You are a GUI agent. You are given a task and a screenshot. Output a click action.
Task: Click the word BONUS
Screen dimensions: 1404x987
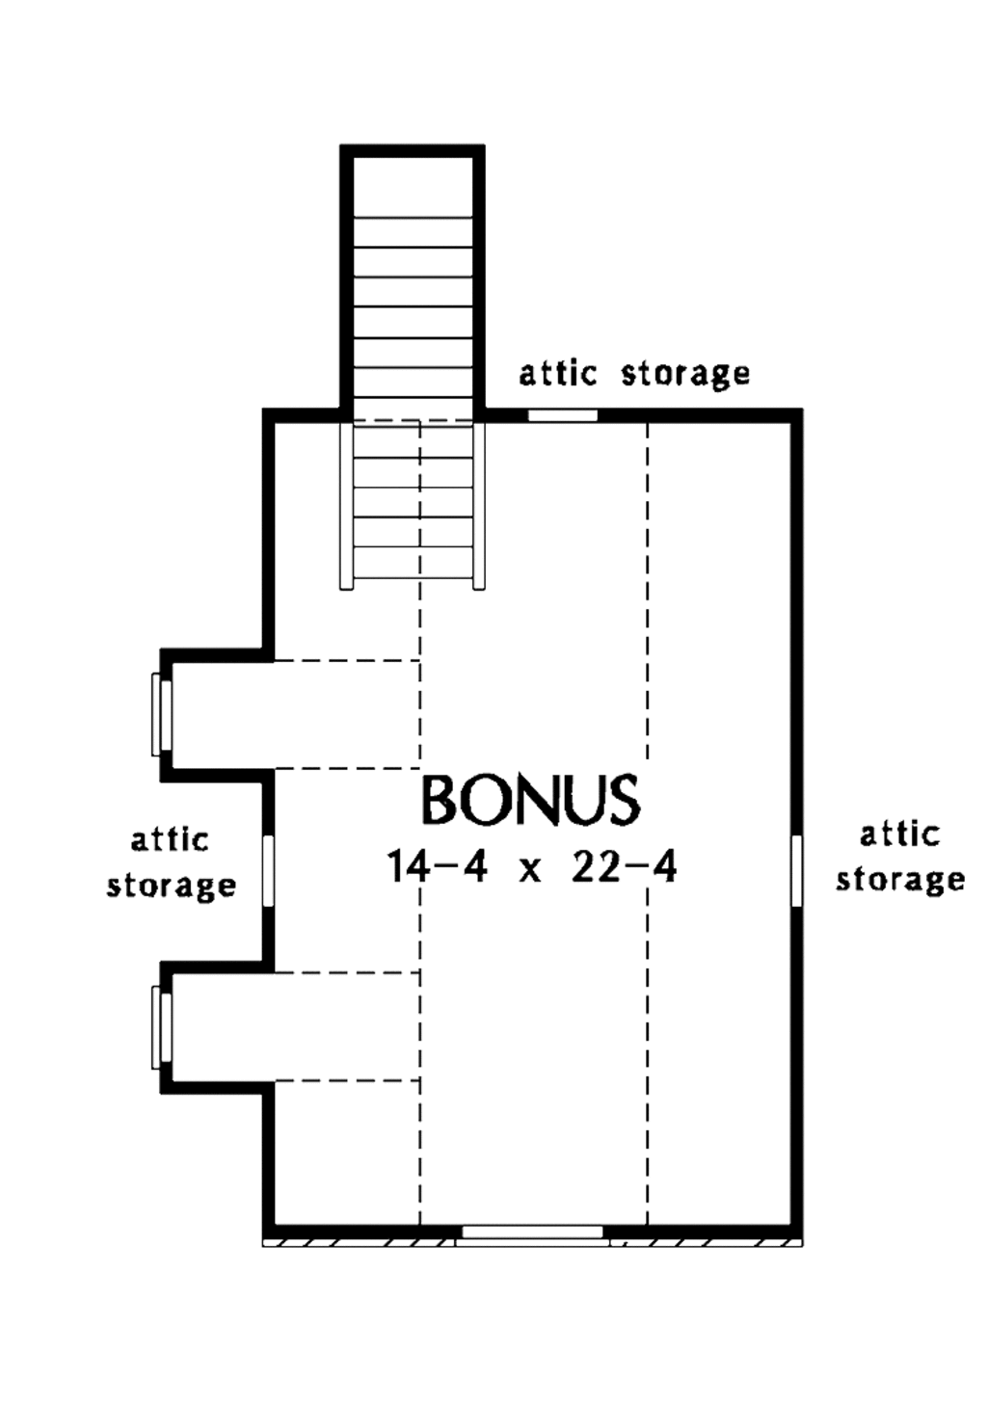[530, 799]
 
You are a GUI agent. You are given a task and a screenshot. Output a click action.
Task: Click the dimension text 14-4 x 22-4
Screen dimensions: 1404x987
[532, 866]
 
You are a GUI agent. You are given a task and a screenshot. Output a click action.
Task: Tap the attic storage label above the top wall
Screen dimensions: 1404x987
[634, 373]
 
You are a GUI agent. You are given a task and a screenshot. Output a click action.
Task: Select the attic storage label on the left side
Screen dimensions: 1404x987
[171, 862]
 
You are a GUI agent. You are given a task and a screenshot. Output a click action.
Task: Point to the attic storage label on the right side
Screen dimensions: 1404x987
[899, 857]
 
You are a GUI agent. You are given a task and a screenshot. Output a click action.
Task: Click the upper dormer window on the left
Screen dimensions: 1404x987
[161, 714]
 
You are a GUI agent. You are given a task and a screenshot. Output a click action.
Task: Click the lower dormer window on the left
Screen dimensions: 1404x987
[161, 1027]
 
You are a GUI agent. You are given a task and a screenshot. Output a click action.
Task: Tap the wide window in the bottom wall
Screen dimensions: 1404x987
[532, 1232]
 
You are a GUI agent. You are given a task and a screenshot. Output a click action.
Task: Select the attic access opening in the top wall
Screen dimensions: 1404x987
[563, 415]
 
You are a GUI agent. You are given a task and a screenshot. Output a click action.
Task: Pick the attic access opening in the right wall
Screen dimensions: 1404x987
[797, 871]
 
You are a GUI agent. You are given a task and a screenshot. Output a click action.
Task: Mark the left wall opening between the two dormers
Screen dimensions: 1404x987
[268, 871]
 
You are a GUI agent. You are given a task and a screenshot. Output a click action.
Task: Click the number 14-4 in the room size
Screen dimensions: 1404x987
[437, 866]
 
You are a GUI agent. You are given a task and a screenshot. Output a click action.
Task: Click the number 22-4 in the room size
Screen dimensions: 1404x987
[625, 866]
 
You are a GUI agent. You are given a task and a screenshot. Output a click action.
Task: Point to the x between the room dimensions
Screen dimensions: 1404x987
[530, 871]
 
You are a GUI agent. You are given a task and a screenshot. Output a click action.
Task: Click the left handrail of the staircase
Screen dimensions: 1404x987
[347, 505]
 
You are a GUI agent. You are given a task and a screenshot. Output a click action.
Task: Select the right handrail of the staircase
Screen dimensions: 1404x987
[479, 505]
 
